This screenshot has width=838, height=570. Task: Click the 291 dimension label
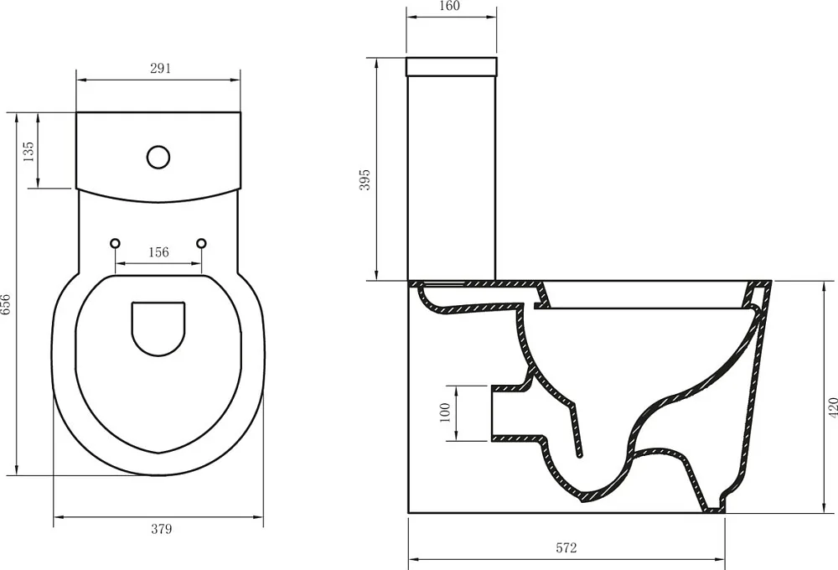coord(160,68)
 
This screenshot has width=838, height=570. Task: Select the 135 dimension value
coord(28,152)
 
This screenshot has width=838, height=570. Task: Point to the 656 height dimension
coord(5,305)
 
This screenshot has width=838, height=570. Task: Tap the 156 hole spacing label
coord(158,251)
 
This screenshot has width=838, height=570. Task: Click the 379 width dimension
coord(161,529)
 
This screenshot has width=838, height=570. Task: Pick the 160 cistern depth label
coord(449,6)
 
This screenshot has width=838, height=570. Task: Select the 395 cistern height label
coord(365,180)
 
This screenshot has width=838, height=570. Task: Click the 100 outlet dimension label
coord(445,412)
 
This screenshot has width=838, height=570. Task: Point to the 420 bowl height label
coord(832,408)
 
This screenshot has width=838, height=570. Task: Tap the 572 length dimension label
coord(566,547)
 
